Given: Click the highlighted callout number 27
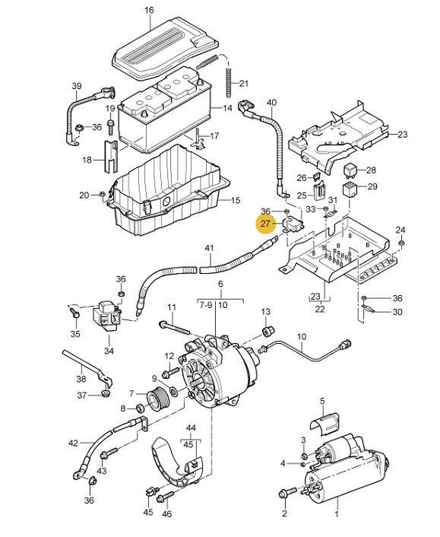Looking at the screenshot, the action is tap(265, 224).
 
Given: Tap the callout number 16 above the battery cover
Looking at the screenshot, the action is tap(149, 11).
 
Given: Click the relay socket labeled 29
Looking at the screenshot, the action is tap(350, 189).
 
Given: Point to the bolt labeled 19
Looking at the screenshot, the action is tap(110, 127).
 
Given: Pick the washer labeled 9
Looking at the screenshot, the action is tap(173, 390).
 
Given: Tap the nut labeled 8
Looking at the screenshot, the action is tap(141, 408).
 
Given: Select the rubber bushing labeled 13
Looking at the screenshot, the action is tap(267, 331).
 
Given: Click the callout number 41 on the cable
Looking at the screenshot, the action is tap(209, 248).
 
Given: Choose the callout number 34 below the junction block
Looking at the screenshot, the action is tap(109, 351).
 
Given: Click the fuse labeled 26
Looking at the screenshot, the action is tap(317, 177).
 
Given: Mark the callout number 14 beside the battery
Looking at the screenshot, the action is tap(227, 108).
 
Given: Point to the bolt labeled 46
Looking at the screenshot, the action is tap(165, 497).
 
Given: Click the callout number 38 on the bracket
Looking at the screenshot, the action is tap(81, 379).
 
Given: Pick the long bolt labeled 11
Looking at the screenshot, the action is tap(175, 327).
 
